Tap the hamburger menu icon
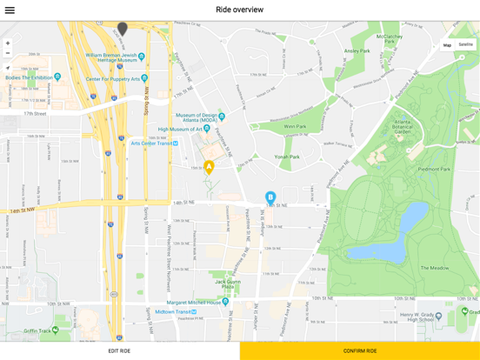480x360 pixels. point(10,10)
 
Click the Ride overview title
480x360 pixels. point(239,10)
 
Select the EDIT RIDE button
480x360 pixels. point(119,350)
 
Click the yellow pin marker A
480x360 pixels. point(209,167)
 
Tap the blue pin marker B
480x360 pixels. point(270,198)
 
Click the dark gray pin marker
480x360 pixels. point(123,30)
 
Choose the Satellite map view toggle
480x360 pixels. point(466,44)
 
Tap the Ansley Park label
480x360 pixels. point(357,51)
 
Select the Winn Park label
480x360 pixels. point(295,126)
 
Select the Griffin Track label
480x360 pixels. point(40,330)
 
